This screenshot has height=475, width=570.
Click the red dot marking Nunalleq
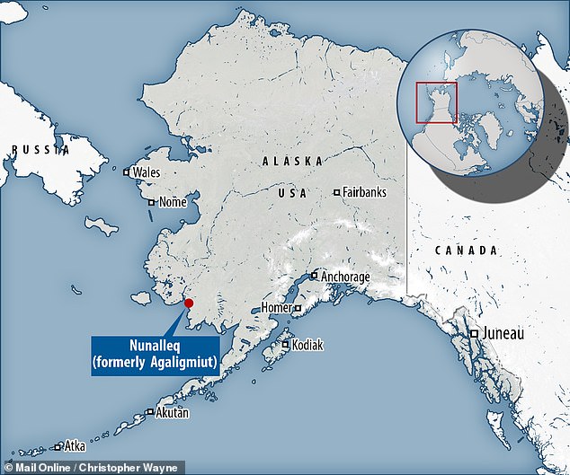tap(189, 303)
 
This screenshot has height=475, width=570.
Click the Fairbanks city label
tap(363, 192)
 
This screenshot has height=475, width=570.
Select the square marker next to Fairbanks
tap(336, 192)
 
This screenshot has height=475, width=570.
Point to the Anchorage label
tap(343, 277)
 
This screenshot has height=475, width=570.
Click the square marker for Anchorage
tap(313, 277)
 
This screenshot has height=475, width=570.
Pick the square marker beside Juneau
tap(475, 334)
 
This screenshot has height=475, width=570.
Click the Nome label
tap(172, 202)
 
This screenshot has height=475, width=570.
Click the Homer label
tap(277, 307)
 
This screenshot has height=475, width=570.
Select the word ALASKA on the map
tap(292, 162)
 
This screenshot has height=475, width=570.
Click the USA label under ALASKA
tap(292, 193)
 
